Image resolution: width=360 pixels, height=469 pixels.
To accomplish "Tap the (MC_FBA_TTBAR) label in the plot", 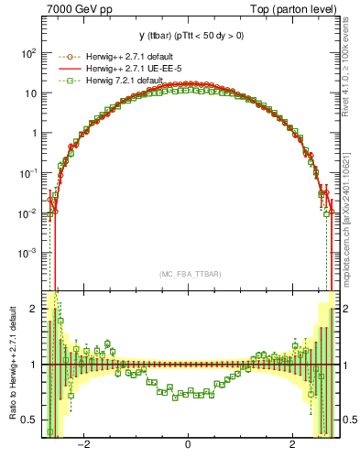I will (189, 273).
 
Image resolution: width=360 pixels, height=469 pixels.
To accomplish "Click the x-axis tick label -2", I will (82, 446).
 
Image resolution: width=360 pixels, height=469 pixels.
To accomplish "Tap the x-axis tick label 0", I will (189, 446).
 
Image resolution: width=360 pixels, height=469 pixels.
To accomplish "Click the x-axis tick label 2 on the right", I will (292, 446).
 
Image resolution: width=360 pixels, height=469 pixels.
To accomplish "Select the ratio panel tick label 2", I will (33, 309).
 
